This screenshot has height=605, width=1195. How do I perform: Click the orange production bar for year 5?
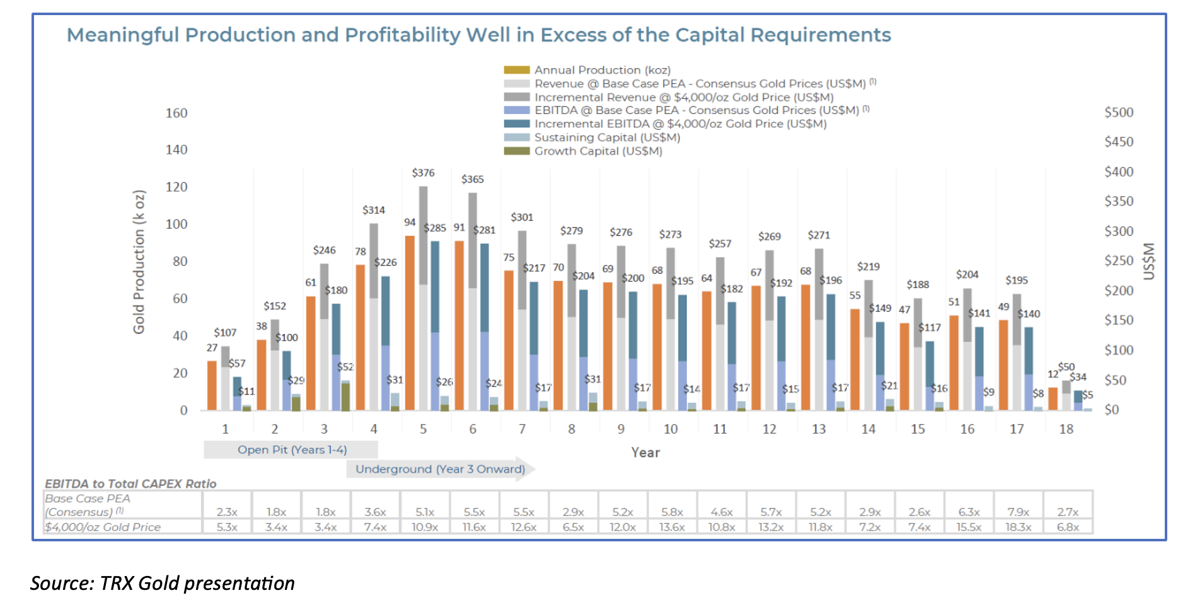[x=410, y=323]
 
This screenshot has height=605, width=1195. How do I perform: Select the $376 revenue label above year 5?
[x=423, y=173]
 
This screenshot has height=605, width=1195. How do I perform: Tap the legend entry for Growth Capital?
[x=597, y=151]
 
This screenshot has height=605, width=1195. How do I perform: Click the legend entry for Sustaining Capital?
[x=606, y=137]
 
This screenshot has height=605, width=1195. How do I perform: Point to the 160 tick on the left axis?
[x=176, y=113]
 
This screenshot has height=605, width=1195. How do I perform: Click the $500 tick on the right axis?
[x=1119, y=112]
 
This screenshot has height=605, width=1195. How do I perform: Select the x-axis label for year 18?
[x=1066, y=429]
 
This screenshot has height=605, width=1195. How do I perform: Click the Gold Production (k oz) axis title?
[x=139, y=262]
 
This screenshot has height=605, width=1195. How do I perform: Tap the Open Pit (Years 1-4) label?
[x=292, y=450]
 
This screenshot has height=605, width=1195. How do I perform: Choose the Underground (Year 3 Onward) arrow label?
[x=440, y=470]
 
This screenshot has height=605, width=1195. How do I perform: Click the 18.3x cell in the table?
[x=1018, y=527]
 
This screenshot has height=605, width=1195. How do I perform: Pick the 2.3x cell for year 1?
[x=227, y=512]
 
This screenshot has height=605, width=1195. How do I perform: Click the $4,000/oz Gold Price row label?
[x=103, y=527]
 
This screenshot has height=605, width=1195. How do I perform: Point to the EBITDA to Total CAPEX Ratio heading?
[x=130, y=484]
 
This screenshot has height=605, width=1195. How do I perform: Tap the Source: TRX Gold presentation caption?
[x=163, y=583]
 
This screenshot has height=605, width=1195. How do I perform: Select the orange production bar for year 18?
[x=1053, y=399]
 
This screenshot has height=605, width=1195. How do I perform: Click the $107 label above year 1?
[x=225, y=333]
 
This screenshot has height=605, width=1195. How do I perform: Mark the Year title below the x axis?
[x=645, y=452]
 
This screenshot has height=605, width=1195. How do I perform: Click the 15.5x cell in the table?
[x=969, y=527]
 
